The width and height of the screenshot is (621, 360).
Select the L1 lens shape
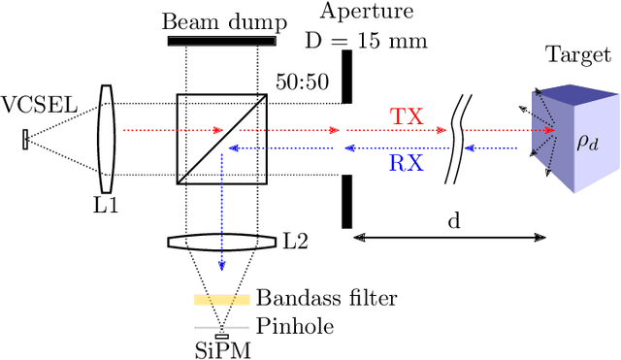(x=108, y=139)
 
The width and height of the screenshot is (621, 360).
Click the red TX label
(x=407, y=115)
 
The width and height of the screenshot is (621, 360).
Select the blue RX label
(x=407, y=163)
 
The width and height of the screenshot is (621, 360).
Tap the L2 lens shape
(x=222, y=243)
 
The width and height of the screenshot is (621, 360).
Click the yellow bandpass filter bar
(x=222, y=300)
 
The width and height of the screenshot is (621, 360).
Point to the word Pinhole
(x=296, y=327)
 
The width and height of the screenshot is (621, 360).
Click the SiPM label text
(x=222, y=350)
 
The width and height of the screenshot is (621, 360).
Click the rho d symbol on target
(x=588, y=143)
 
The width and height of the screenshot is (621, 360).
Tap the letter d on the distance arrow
(x=452, y=221)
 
